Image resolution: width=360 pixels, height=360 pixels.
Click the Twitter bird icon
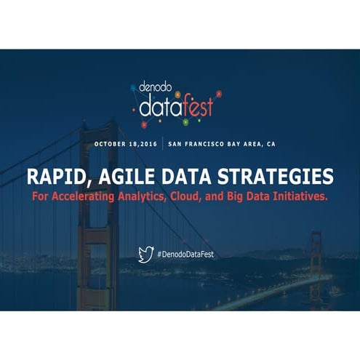pyautogui.click(x=146, y=255)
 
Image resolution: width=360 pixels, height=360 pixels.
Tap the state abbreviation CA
pyautogui.click(x=271, y=144)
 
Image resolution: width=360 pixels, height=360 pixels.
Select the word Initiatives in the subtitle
pyautogui.click(x=297, y=197)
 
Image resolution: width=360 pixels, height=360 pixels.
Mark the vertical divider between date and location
pyautogui.click(x=162, y=144)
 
